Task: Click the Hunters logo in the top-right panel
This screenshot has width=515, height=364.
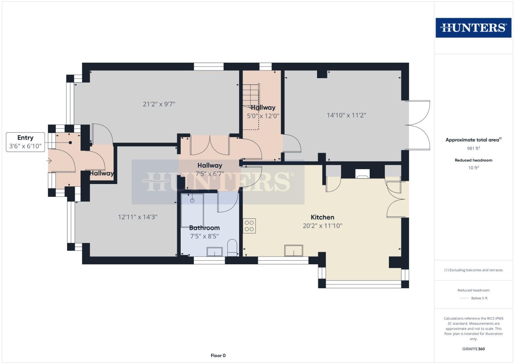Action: (473, 28)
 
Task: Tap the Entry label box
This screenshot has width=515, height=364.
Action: (25, 142)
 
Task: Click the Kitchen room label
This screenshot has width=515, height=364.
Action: (322, 217)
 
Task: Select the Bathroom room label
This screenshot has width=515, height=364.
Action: (204, 228)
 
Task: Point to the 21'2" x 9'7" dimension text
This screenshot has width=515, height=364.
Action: (159, 104)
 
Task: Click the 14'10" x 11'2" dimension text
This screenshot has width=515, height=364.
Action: (346, 115)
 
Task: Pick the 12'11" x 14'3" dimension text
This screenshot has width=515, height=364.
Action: (138, 217)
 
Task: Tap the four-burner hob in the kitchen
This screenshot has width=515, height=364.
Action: (249, 226)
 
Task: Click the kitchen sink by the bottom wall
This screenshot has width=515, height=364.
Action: (293, 251)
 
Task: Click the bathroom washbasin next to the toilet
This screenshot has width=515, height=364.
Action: (214, 251)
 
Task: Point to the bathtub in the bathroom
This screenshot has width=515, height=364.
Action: (192, 211)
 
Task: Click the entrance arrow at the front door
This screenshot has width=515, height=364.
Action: (49, 161)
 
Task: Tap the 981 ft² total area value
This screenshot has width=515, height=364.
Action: (473, 148)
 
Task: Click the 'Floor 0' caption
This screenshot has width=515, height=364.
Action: (218, 356)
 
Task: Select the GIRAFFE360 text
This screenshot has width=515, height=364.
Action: (473, 349)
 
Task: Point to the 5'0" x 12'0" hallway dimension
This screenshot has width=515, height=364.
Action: (263, 116)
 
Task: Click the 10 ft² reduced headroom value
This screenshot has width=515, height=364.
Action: (473, 168)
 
